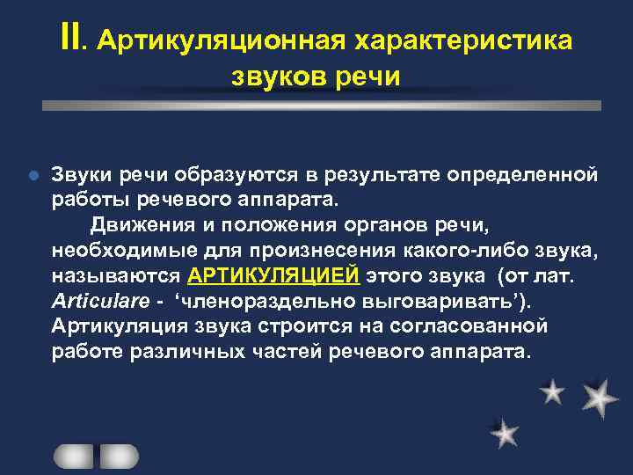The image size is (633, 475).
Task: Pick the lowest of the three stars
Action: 505,433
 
